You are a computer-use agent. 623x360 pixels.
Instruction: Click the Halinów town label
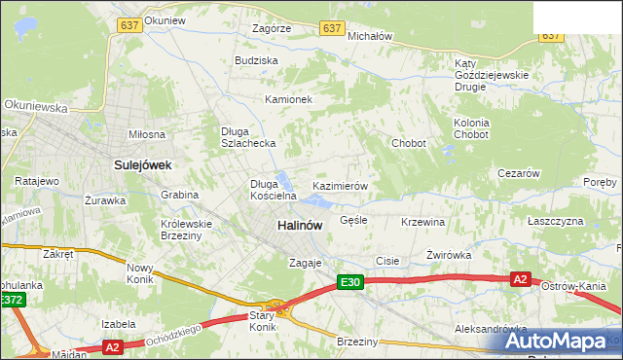click(x=299, y=225)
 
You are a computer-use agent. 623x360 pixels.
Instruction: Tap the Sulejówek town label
click(x=142, y=165)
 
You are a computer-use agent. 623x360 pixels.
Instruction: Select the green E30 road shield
click(x=350, y=282)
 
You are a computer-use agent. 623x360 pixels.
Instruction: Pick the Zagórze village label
click(x=271, y=29)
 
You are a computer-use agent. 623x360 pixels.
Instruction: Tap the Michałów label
click(x=370, y=35)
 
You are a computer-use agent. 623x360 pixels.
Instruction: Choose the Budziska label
click(x=256, y=60)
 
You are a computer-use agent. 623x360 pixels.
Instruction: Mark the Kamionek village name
click(x=288, y=99)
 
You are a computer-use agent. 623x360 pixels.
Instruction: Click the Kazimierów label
click(x=339, y=185)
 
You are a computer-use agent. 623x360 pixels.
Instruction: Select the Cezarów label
click(x=518, y=173)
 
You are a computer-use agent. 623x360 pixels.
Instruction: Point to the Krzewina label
click(x=422, y=222)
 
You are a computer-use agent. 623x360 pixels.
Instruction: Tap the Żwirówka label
click(x=449, y=255)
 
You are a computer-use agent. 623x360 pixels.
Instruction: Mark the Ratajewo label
click(x=37, y=181)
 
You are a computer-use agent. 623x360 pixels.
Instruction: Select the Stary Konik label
click(x=263, y=321)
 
